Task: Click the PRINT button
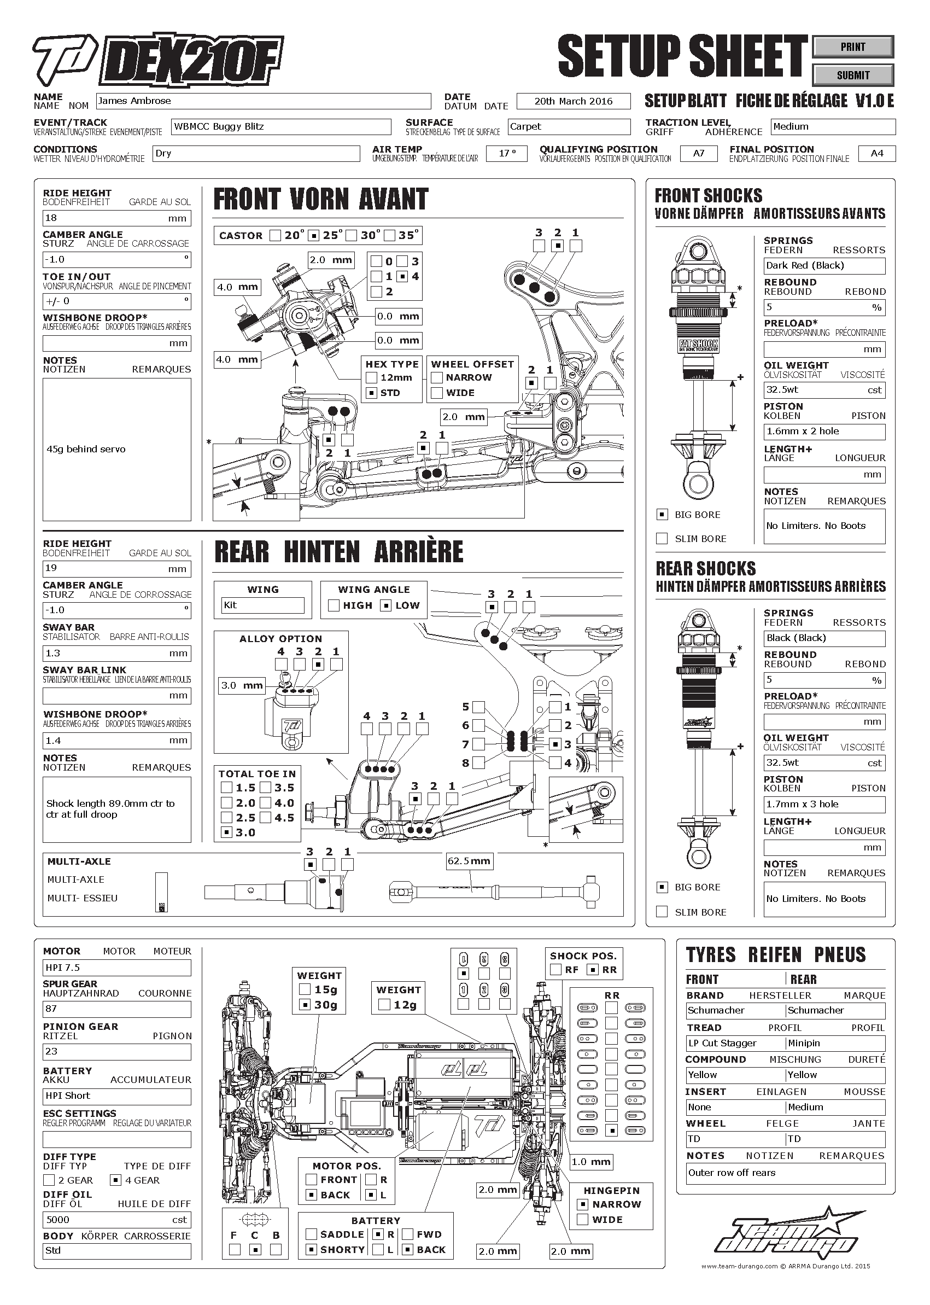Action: (x=853, y=47)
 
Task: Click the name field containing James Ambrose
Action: (x=264, y=101)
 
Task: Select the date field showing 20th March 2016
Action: (x=573, y=101)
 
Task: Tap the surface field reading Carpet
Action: (x=569, y=126)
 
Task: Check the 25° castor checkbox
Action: (x=314, y=235)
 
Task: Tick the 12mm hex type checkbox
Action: (x=372, y=377)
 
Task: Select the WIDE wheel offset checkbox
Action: (x=437, y=393)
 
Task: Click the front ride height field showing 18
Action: (x=116, y=218)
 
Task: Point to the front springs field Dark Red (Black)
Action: (x=824, y=266)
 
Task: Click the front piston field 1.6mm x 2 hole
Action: (x=824, y=432)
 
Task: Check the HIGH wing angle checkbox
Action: (x=334, y=605)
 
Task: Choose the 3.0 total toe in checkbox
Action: (x=227, y=832)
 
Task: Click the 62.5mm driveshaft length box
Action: (x=469, y=861)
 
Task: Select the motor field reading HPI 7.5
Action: (x=116, y=968)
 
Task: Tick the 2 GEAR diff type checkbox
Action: (x=49, y=1180)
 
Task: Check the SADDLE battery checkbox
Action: (x=312, y=1234)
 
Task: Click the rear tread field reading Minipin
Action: (x=835, y=1043)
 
